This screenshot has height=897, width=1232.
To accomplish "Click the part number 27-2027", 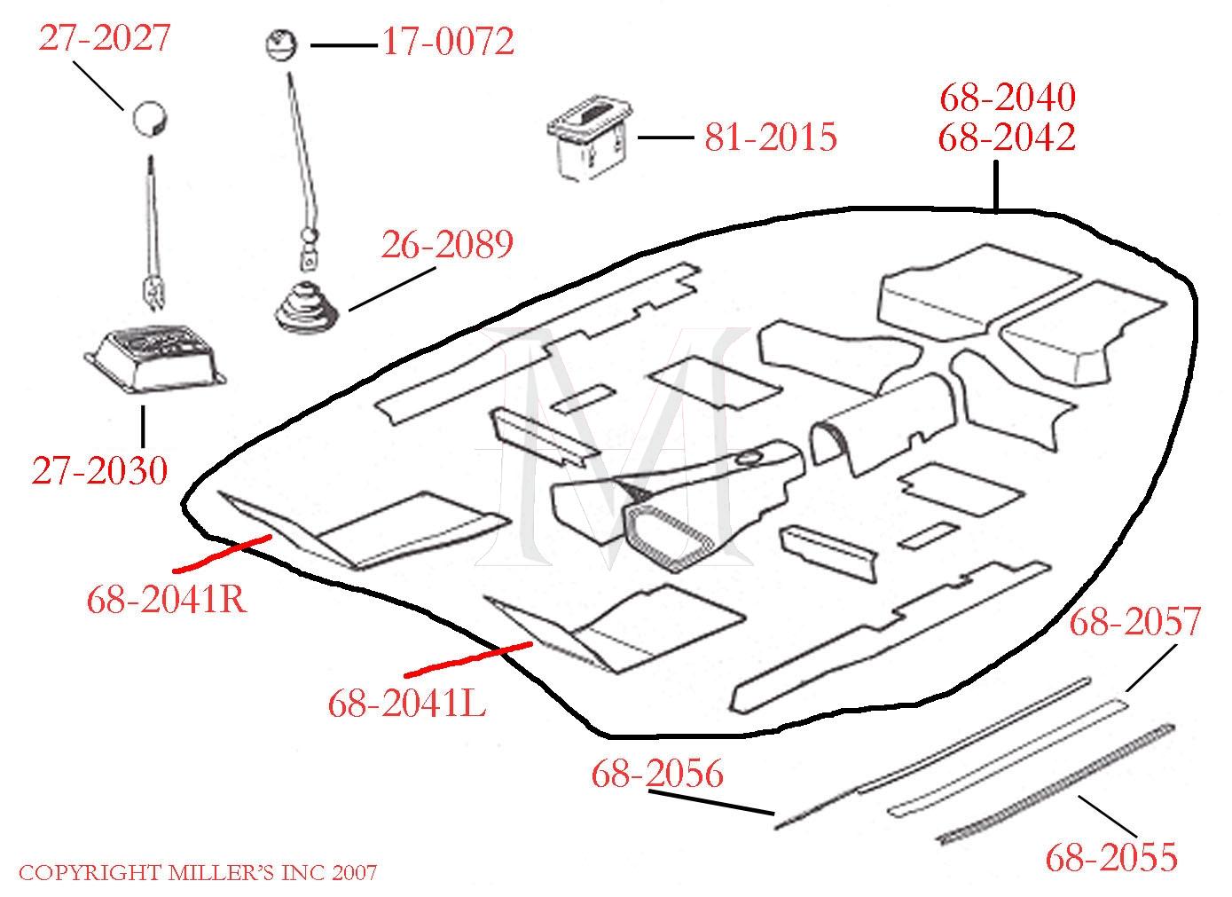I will [105, 39].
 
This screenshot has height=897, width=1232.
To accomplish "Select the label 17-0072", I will [448, 42].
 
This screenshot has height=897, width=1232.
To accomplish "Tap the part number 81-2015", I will [771, 138].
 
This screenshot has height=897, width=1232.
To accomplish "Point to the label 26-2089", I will [447, 244].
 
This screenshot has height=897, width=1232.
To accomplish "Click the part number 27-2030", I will [99, 470].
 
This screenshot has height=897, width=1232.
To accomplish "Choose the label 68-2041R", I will [166, 601].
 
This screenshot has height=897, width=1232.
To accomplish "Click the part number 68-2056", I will [657, 774].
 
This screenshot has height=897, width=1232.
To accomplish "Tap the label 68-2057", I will [1135, 622].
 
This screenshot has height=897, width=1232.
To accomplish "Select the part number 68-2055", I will [1111, 857].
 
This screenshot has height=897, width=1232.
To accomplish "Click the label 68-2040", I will [1008, 97].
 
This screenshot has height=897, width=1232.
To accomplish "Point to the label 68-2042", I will [1008, 138].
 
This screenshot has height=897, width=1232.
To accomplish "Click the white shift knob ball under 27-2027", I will [151, 119].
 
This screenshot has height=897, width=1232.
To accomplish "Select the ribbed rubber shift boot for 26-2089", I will [308, 307].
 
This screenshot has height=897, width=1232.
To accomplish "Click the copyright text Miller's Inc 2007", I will [198, 873].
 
